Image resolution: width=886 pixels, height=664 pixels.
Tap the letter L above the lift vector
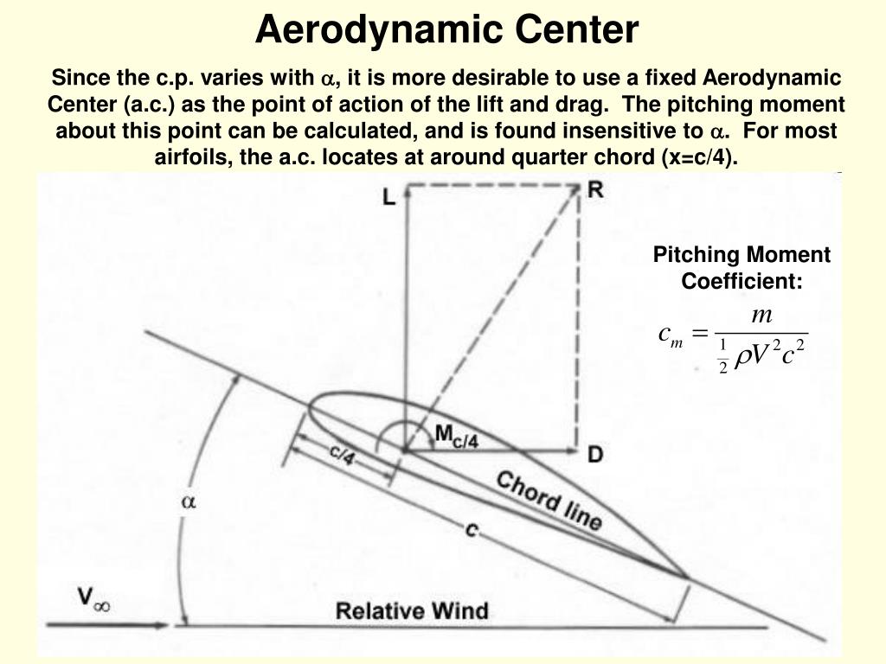389,197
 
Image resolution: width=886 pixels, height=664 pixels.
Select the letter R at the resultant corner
595,189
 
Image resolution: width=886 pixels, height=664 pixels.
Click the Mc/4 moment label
456,436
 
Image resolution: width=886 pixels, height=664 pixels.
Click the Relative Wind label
412,610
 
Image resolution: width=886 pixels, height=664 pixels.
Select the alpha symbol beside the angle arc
188,501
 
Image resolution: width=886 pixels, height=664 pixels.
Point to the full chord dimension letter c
472,531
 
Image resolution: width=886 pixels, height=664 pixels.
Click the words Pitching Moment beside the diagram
742,255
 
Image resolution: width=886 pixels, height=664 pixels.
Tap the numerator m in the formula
762,316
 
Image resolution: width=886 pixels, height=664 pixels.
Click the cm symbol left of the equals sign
670,334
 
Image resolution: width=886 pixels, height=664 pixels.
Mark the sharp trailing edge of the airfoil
688,577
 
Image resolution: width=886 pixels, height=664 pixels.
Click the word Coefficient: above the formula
742,281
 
